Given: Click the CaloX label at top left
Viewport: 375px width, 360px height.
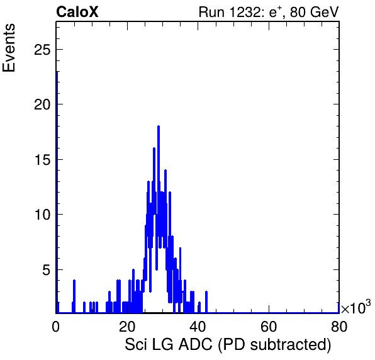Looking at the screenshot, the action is coord(77,12).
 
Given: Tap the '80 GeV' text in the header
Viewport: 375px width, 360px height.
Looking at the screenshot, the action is coord(314,12).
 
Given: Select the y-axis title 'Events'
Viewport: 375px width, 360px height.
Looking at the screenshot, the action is coord(9,48).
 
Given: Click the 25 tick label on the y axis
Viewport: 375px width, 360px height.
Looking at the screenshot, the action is coord(42,50).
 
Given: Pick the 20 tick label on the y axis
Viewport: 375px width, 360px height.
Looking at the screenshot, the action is coord(42,104).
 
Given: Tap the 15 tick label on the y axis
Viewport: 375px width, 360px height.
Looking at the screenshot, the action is coord(42,160).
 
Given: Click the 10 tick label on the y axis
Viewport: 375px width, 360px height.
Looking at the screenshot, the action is coord(42,215).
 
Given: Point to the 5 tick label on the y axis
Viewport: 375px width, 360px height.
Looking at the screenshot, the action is coord(47,269).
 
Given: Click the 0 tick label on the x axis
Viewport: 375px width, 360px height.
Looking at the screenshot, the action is coord(56,326).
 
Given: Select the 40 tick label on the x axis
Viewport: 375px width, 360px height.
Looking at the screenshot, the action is coord(198,326).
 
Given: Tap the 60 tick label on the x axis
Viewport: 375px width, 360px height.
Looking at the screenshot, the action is coord(268,326).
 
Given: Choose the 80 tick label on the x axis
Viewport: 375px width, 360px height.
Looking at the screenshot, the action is coord(339,326).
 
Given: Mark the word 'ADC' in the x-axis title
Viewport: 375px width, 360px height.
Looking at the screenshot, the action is coord(196,344).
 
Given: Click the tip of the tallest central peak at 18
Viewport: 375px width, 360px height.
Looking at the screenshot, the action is coord(159,126).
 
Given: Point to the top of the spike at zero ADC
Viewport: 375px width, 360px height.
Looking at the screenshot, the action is coord(57,72).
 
